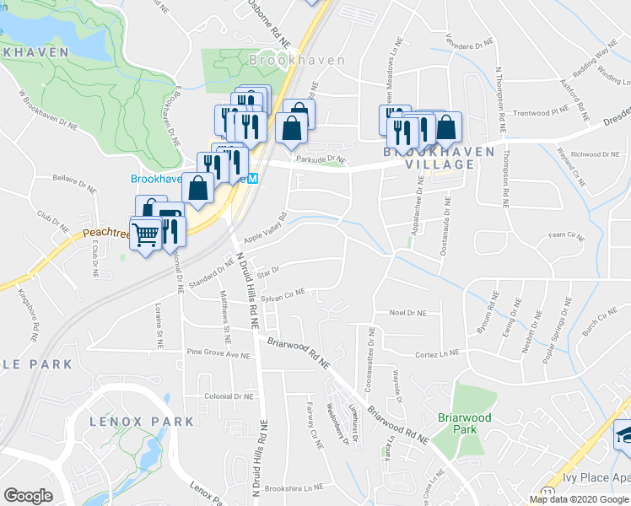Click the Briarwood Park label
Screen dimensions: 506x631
(x=458, y=423)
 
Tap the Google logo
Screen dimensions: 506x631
(x=28, y=496)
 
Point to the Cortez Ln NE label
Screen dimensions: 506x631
(x=436, y=353)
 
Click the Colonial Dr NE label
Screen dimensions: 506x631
(x=229, y=396)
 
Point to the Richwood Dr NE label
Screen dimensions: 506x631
(x=596, y=154)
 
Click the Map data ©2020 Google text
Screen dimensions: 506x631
(x=579, y=499)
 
